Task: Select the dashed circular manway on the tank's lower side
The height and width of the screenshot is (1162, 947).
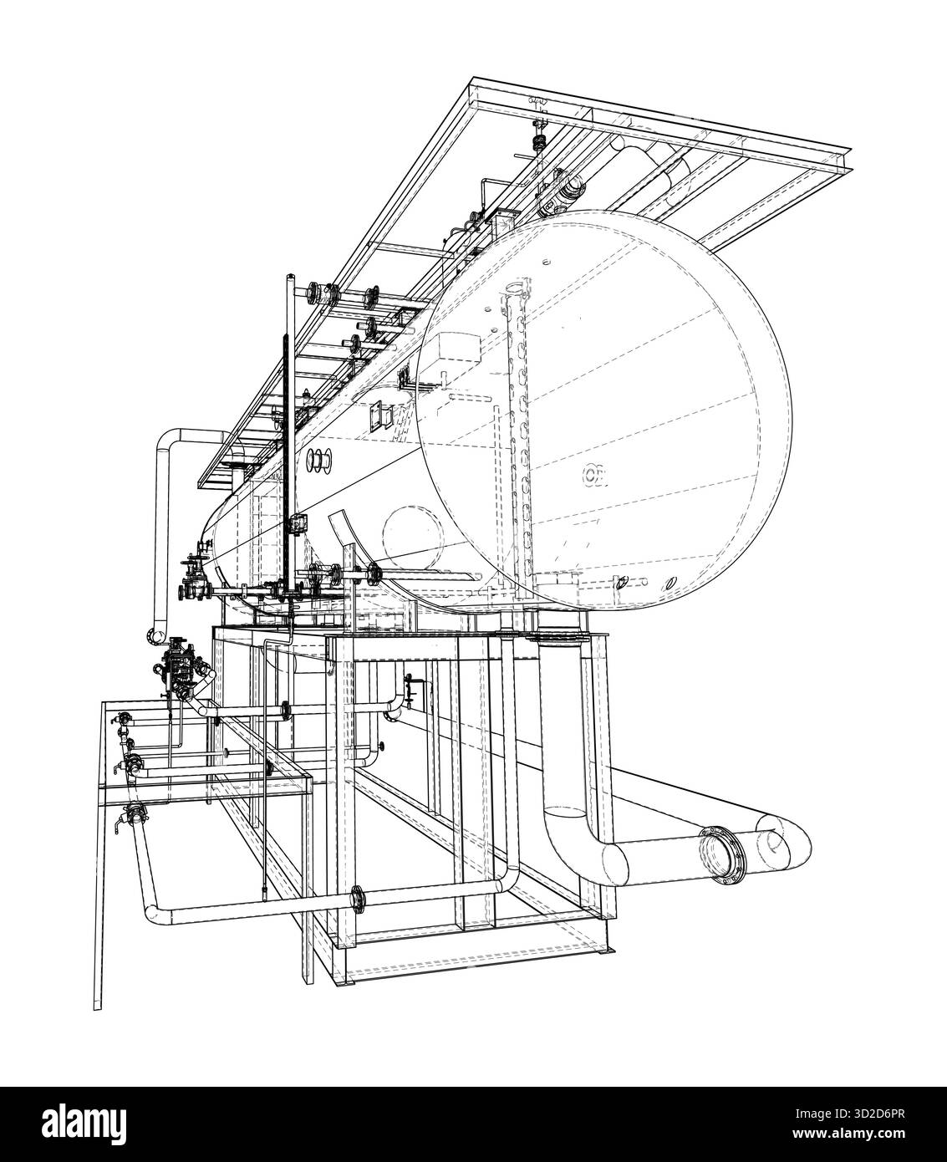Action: pyautogui.click(x=410, y=538)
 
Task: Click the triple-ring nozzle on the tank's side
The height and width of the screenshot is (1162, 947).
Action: pyautogui.click(x=321, y=459)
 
